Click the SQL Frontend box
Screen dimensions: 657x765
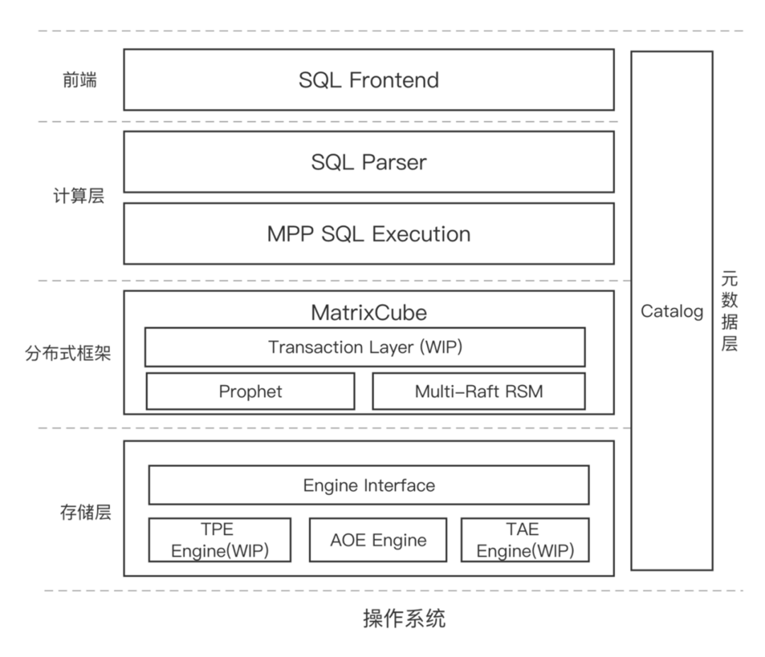coord(368,80)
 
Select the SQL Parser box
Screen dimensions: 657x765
coord(368,162)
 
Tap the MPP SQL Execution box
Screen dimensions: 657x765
coord(368,234)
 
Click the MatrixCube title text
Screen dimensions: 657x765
coord(368,312)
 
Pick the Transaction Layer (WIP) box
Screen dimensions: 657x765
coord(365,347)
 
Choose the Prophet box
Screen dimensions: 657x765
coord(250,391)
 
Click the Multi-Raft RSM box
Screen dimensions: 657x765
coord(479,391)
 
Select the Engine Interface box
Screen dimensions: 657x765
coord(368,485)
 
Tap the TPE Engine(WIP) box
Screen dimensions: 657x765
coord(220,540)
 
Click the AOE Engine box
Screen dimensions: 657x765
coord(378,540)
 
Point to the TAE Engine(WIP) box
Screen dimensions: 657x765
coord(525,540)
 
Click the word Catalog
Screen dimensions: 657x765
coord(671,312)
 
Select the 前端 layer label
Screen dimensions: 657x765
coord(79,80)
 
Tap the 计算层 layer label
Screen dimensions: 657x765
coord(79,196)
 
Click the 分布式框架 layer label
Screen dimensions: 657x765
coord(68,353)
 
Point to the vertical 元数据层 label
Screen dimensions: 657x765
coord(730,312)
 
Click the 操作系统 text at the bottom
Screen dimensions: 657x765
coord(404,619)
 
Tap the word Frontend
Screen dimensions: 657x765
coord(394,80)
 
